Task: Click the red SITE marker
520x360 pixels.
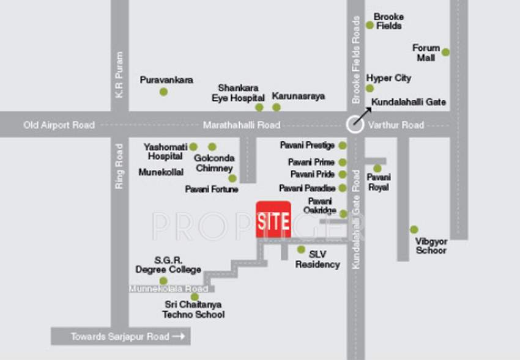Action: click(x=273, y=219)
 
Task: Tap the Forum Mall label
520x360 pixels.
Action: click(x=426, y=53)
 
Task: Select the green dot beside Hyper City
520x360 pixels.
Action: click(x=370, y=89)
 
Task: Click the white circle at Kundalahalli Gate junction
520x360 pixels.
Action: click(x=355, y=125)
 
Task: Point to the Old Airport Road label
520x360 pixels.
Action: click(x=59, y=125)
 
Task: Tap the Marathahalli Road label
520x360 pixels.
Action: click(x=242, y=125)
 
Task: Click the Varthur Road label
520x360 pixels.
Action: click(x=396, y=125)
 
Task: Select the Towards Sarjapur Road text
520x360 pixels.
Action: click(x=121, y=336)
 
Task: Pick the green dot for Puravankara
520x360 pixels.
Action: click(x=163, y=92)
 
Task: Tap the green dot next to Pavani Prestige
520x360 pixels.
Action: click(x=342, y=145)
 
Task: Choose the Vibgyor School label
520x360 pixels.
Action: click(x=431, y=246)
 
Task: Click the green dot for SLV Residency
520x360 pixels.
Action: click(x=301, y=249)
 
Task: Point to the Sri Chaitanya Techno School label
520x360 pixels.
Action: click(x=193, y=309)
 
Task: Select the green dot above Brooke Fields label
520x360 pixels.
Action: click(x=370, y=25)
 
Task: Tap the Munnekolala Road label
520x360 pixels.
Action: click(x=168, y=288)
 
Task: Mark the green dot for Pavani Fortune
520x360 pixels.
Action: click(x=232, y=178)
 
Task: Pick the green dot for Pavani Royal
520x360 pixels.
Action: click(x=377, y=169)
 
